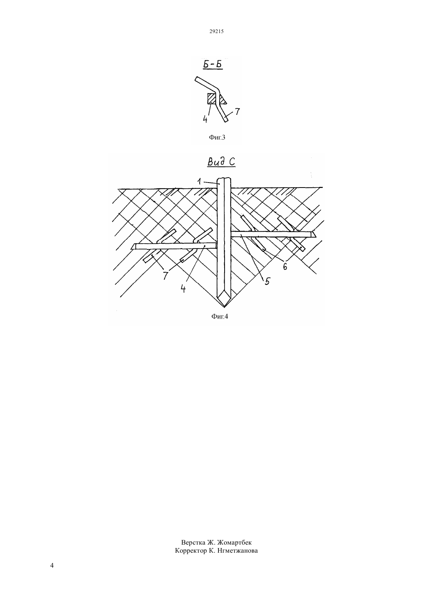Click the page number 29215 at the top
(x=216, y=31)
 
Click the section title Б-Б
(x=213, y=65)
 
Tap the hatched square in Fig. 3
(x=212, y=98)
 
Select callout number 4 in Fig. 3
(x=205, y=119)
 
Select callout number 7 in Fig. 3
(x=237, y=111)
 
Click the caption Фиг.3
(x=216, y=138)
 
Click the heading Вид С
(x=221, y=162)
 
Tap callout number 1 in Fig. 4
(x=199, y=181)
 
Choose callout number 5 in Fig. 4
(x=267, y=281)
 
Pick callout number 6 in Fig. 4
(x=285, y=266)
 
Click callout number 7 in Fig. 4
(x=166, y=276)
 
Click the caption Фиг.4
(x=220, y=317)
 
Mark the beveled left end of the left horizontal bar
(x=133, y=247)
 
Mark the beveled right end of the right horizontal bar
(x=313, y=234)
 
